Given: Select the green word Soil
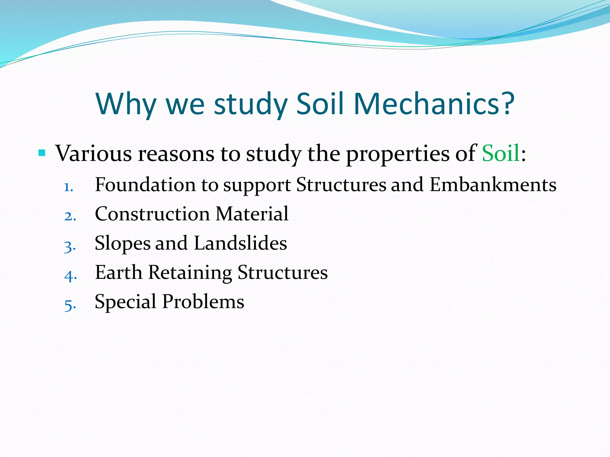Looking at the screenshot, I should click(x=501, y=153).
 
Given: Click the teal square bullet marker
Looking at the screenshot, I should click(x=42, y=153).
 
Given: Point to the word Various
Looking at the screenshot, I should click(x=94, y=153).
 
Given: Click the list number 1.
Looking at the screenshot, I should click(x=68, y=187).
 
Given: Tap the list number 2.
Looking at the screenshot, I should click(x=70, y=216).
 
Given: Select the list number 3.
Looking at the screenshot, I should click(x=70, y=246).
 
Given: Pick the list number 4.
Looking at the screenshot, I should click(x=70, y=276).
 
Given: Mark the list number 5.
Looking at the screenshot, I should click(x=70, y=305).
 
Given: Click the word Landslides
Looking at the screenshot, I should click(x=240, y=243).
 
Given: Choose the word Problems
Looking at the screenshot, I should click(x=203, y=301).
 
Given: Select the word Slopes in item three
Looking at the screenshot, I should click(x=122, y=243).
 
